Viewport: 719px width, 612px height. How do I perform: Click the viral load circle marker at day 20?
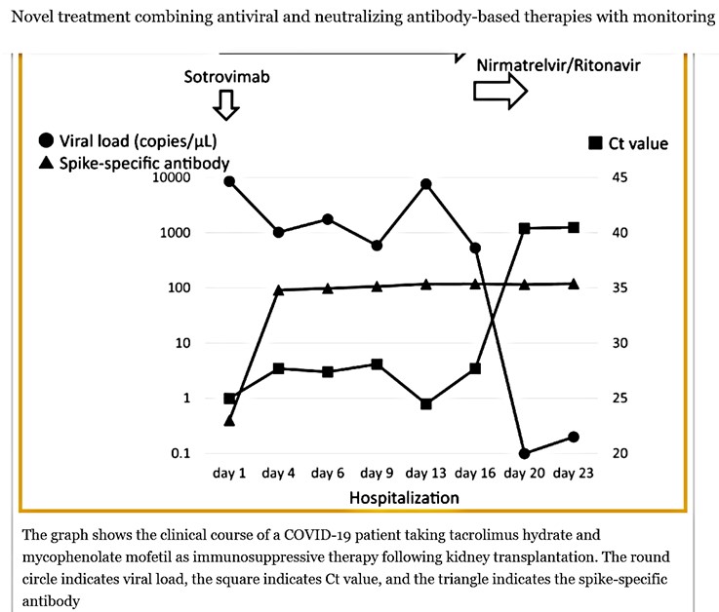(x=525, y=453)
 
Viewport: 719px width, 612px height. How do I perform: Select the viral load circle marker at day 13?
(x=426, y=184)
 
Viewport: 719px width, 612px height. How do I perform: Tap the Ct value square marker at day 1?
(x=229, y=399)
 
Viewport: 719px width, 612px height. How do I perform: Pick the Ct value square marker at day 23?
(x=574, y=227)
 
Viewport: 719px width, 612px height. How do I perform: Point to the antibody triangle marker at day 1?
(x=229, y=420)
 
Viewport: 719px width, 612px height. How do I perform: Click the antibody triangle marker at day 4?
(x=279, y=289)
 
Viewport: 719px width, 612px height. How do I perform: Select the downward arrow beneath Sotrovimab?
(x=225, y=104)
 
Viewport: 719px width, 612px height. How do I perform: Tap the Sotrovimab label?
(x=226, y=75)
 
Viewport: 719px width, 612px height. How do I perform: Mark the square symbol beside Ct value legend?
(x=594, y=144)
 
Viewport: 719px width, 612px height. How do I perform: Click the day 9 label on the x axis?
(x=377, y=474)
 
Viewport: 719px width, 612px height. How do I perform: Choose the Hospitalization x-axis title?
(x=403, y=497)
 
